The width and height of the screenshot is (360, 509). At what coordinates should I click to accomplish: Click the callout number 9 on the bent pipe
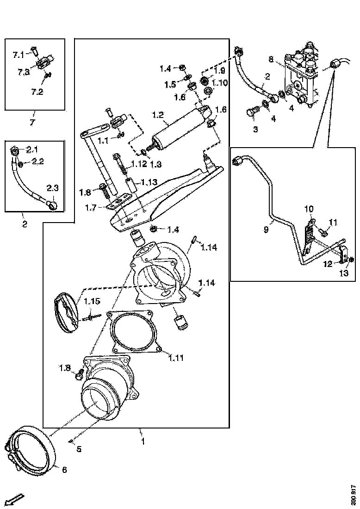tap(266, 229)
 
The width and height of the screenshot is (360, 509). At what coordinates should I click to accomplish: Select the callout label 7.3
tap(23, 72)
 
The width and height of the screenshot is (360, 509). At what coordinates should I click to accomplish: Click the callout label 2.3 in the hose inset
tap(53, 188)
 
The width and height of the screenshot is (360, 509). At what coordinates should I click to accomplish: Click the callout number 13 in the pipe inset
tap(343, 273)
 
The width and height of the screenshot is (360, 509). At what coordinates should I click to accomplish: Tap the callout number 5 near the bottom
tap(79, 448)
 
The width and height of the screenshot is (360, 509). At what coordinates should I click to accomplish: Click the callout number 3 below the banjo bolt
tap(255, 130)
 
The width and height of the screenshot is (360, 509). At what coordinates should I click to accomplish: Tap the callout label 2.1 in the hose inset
tap(32, 149)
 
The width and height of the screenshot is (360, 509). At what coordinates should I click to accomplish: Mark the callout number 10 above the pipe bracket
tap(309, 210)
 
